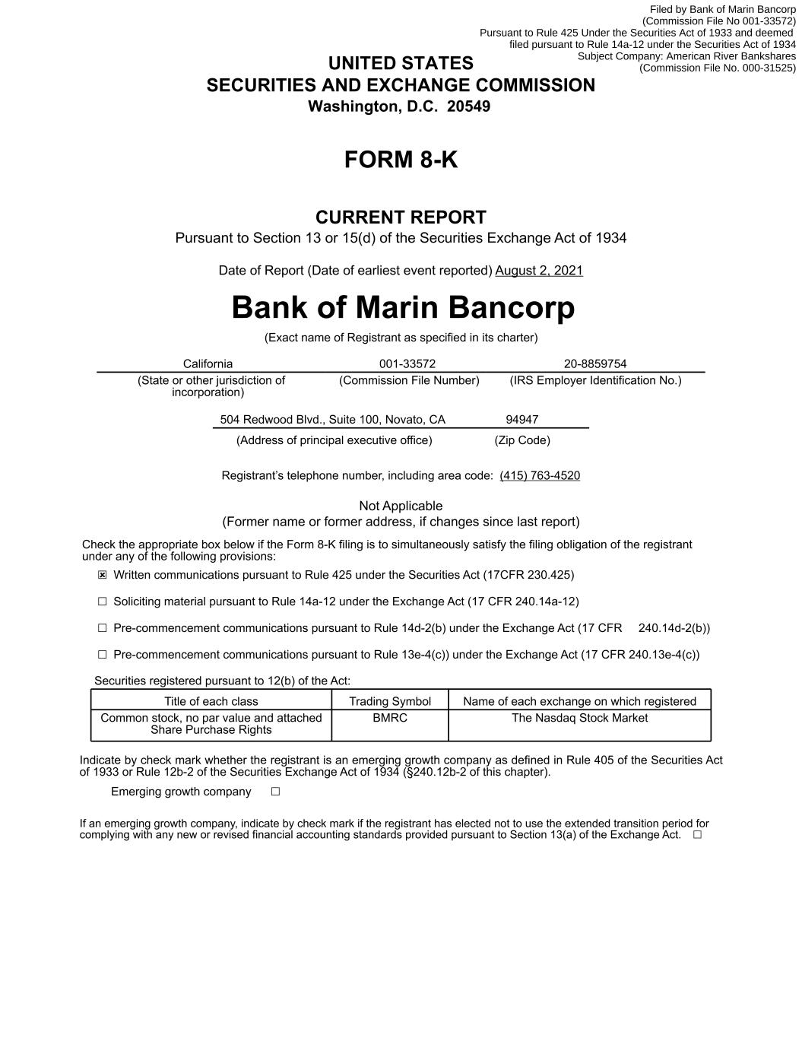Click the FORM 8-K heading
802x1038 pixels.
point(401,160)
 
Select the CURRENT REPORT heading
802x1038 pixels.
point(401,217)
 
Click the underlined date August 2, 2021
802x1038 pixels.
point(539,271)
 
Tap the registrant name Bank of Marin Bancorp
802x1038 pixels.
point(403,308)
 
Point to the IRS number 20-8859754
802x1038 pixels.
point(595,364)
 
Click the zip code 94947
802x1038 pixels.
point(522,420)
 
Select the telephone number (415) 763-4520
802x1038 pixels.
point(540,476)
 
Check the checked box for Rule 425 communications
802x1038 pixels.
point(103,576)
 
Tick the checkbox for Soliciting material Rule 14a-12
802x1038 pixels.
point(103,602)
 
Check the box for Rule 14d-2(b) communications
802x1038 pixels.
point(103,628)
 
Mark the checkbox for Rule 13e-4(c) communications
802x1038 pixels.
point(103,655)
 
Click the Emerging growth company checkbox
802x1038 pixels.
point(276,792)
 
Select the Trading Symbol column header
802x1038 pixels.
point(390,701)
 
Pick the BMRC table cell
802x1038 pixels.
point(390,718)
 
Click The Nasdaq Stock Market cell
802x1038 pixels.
point(579,718)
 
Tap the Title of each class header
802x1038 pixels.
point(211,701)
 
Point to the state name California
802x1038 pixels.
point(208,364)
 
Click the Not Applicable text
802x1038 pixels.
point(401,506)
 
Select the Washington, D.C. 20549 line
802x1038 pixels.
point(399,106)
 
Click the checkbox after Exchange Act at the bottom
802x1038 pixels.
point(697,835)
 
